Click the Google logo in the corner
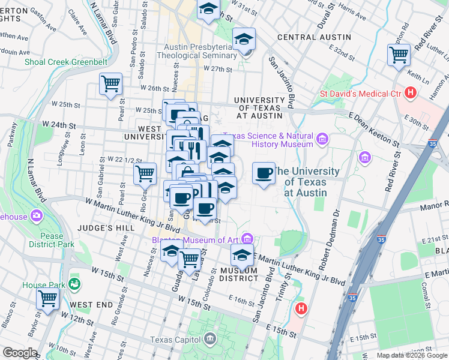point(20,353)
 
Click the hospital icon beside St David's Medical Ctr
point(411,93)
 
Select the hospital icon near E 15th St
point(301,309)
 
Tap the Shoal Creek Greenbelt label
point(58,61)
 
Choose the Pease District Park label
point(52,240)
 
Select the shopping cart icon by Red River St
point(399,55)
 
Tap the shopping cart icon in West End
point(47,298)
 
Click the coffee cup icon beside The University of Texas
point(264,173)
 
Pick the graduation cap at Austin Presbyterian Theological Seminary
point(244,40)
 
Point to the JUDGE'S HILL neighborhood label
point(99,228)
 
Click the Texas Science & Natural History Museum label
point(268,140)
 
